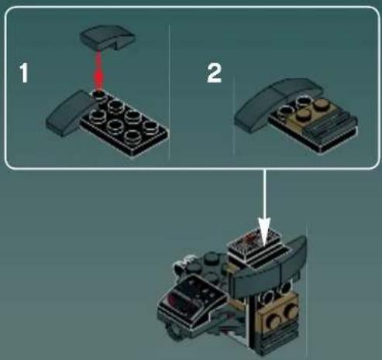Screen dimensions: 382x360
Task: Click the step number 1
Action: pos(24,74)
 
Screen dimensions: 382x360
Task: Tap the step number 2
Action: pos(214,74)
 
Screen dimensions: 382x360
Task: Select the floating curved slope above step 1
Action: pos(108,37)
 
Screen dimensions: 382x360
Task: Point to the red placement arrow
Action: pos(99,70)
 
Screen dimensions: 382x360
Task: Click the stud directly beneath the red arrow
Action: pos(99,97)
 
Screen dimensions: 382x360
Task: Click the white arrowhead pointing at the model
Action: pos(264,231)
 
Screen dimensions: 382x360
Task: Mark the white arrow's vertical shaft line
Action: pos(264,194)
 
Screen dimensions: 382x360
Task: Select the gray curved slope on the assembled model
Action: pos(269,269)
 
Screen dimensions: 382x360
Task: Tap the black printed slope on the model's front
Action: pos(192,297)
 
